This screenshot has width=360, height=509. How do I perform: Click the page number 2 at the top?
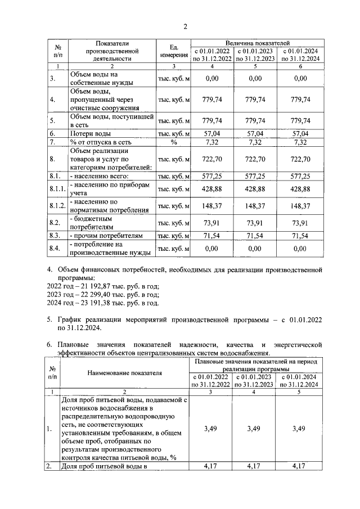click(184, 26)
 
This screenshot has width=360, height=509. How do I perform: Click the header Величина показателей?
click(257, 43)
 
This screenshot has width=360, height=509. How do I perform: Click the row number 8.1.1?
click(57, 188)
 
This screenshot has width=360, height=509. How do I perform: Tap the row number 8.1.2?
click(57, 206)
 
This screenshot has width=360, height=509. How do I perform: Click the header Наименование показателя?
click(124, 372)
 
